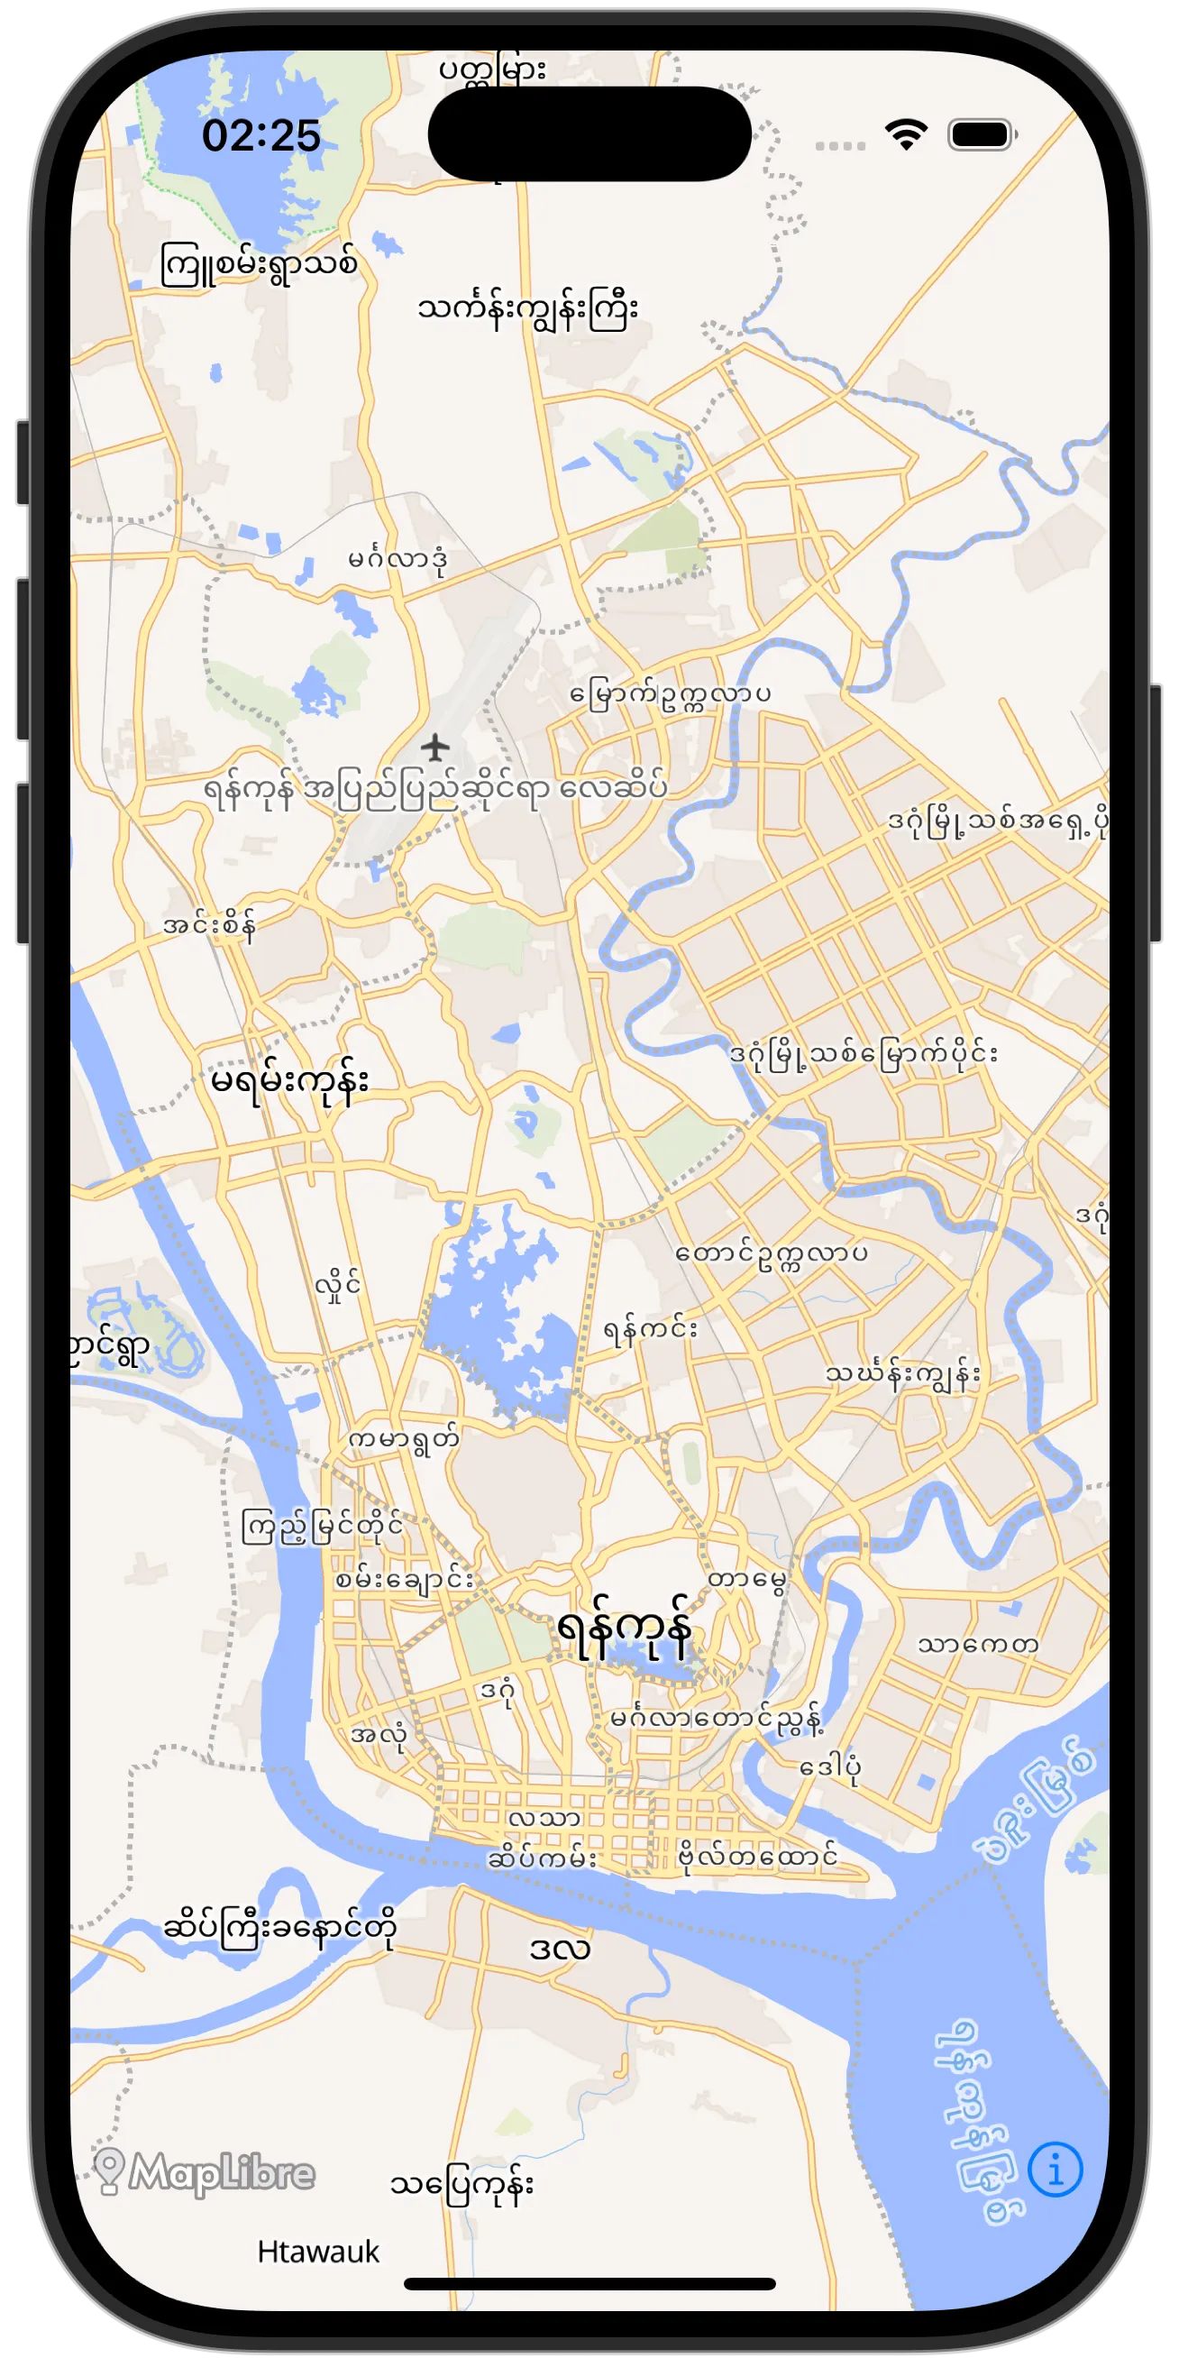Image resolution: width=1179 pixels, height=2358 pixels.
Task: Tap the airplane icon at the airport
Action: point(436,747)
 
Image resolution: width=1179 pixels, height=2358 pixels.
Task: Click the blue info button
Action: point(1055,2169)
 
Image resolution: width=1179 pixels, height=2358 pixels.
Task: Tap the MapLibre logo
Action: point(205,2172)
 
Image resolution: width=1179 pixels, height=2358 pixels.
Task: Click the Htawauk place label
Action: point(317,2251)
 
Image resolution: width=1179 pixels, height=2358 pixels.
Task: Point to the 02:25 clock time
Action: point(260,135)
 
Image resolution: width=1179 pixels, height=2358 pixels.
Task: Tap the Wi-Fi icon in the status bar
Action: point(905,134)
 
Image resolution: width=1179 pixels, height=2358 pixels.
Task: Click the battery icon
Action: point(982,134)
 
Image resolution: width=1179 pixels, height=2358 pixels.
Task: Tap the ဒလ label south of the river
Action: point(559,1948)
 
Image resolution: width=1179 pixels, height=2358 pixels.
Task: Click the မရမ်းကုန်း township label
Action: point(289,1081)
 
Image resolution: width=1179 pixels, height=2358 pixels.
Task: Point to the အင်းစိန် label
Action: point(209,924)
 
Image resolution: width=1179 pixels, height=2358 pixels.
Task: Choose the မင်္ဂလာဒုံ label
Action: point(398,558)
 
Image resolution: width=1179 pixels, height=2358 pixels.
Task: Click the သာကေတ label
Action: point(978,1645)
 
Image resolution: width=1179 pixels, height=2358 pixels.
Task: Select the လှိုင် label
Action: point(338,1286)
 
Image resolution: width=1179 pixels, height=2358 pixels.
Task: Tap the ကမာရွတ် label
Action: point(403,1439)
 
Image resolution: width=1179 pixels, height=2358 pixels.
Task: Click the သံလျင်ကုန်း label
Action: point(462,2184)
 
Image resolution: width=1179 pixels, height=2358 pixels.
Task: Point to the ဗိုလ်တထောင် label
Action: point(757,1856)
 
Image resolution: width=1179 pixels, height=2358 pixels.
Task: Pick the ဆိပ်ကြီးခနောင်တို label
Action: point(280,1927)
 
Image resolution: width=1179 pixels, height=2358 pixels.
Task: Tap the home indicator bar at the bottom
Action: point(589,2284)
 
